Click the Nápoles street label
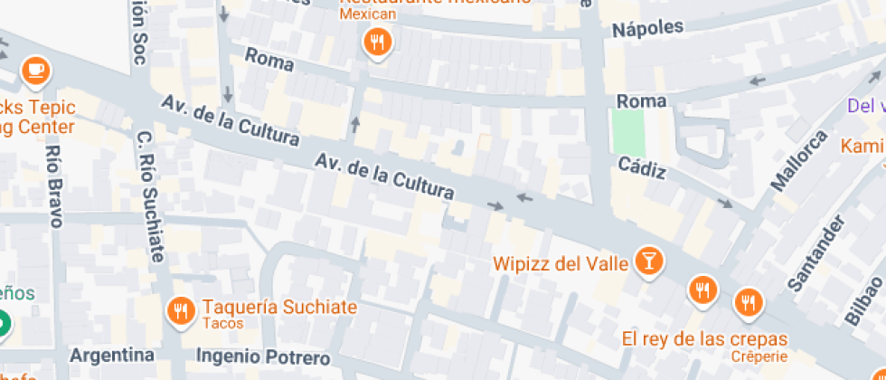[x=647, y=28]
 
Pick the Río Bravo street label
[x=54, y=186]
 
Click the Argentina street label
[x=112, y=353]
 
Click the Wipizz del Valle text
[x=561, y=264]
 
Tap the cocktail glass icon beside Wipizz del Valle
[x=648, y=261]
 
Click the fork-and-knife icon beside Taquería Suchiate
[x=182, y=311]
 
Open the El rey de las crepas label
[x=704, y=339]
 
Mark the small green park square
[x=627, y=132]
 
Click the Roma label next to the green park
[x=640, y=100]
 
